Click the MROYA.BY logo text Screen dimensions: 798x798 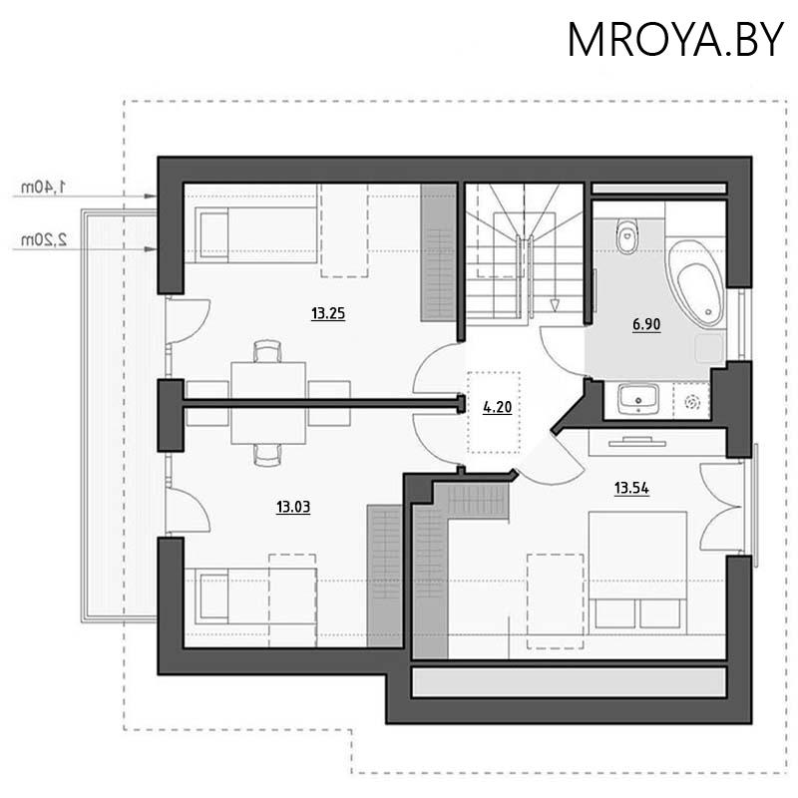pyautogui.click(x=675, y=40)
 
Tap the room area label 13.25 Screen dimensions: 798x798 pyautogui.click(x=328, y=313)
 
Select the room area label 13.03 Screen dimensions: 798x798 pyautogui.click(x=293, y=507)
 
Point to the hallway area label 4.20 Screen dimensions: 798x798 pyautogui.click(x=497, y=407)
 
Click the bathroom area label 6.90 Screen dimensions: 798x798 pyautogui.click(x=646, y=324)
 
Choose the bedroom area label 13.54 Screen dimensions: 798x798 pyautogui.click(x=631, y=489)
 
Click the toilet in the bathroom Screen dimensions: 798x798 pyautogui.click(x=626, y=235)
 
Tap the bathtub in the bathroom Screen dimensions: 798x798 pyautogui.click(x=696, y=283)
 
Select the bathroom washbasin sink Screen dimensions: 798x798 pyautogui.click(x=638, y=398)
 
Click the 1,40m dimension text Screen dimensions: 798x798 pyautogui.click(x=44, y=187)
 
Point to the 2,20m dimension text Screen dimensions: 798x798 pyautogui.click(x=44, y=239)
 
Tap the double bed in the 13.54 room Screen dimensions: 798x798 pyautogui.click(x=637, y=573)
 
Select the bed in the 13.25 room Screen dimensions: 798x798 pyautogui.click(x=256, y=234)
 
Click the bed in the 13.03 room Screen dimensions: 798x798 pyautogui.click(x=256, y=597)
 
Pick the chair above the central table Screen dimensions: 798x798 pyautogui.click(x=267, y=351)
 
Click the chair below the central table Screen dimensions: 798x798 pyautogui.click(x=267, y=455)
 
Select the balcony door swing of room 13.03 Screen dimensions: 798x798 pyautogui.click(x=188, y=509)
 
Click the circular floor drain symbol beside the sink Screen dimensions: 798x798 pyautogui.click(x=692, y=403)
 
